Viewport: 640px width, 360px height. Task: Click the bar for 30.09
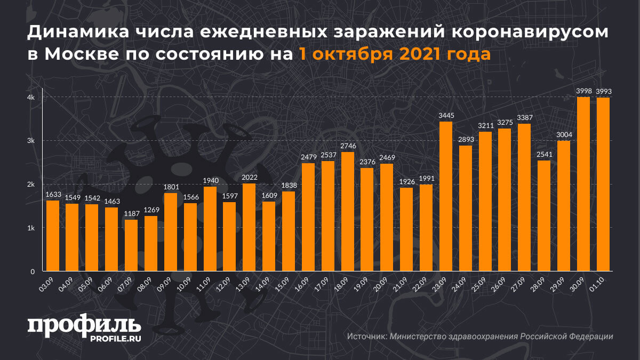[x=583, y=184]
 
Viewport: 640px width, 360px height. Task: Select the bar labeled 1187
[x=131, y=245]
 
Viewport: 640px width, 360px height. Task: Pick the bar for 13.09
[x=249, y=227]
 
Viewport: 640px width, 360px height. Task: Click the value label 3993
[x=603, y=92]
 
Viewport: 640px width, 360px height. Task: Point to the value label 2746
[x=348, y=146]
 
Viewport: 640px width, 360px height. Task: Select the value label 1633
[x=53, y=195]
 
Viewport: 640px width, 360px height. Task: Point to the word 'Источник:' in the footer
[x=366, y=337]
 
